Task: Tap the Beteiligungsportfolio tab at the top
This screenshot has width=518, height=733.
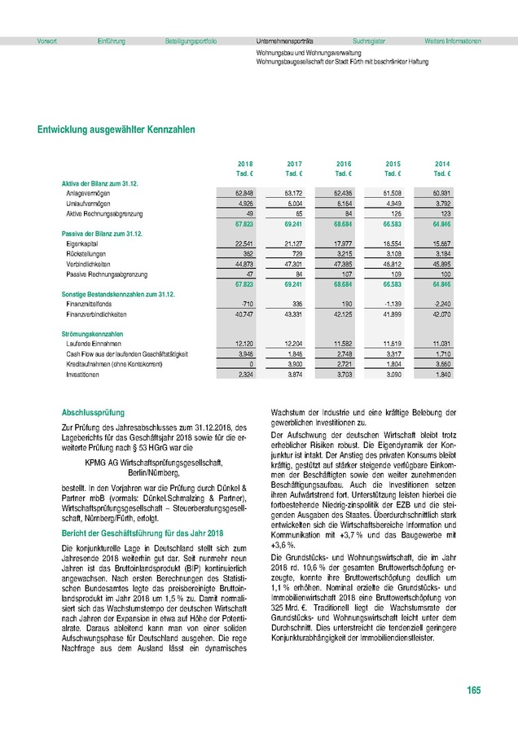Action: [191, 41]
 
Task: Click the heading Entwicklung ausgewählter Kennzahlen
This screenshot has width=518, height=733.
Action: [116, 129]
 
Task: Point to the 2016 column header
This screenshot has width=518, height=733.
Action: [344, 164]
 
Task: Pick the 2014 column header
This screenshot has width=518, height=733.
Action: [442, 164]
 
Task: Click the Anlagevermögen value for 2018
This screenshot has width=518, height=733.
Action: [244, 192]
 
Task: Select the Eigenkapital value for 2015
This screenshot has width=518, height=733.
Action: [393, 244]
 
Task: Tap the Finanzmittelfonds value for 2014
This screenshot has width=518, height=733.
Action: [441, 302]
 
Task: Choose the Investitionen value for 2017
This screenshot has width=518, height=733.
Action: [294, 373]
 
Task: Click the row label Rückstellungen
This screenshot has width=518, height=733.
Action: [84, 254]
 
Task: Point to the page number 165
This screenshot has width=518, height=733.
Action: [474, 691]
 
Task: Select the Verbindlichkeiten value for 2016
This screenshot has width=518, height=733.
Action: [344, 265]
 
